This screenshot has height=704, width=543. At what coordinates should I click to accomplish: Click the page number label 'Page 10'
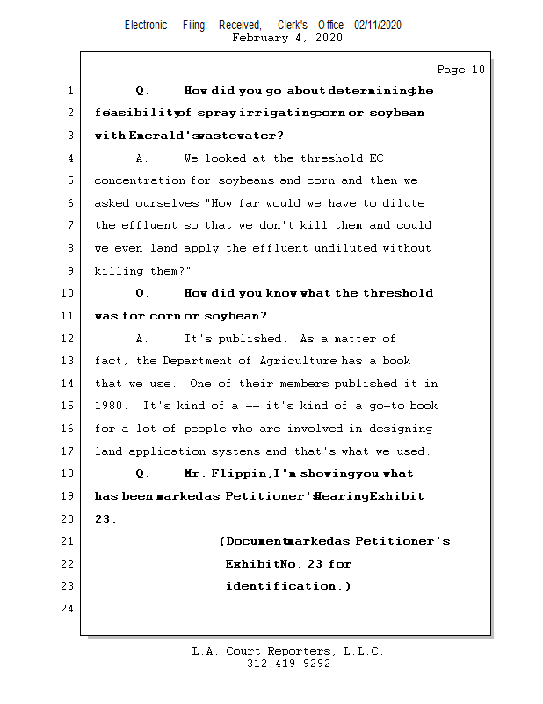click(x=460, y=70)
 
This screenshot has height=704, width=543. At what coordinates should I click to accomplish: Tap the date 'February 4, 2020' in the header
click(x=287, y=38)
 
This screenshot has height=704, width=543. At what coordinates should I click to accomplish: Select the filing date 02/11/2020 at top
click(x=378, y=26)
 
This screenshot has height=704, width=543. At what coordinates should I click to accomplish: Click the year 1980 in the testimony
click(x=112, y=406)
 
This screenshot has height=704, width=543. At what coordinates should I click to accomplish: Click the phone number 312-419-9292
click(x=288, y=664)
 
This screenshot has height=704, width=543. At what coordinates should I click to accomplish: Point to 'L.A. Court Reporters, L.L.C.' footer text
click(x=288, y=651)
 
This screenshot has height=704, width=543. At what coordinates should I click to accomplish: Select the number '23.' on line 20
click(x=105, y=518)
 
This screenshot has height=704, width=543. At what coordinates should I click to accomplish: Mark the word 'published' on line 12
click(x=248, y=338)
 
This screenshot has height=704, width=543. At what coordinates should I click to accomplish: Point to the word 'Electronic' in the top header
click(x=146, y=26)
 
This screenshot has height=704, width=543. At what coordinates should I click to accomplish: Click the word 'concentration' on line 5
click(x=141, y=180)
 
